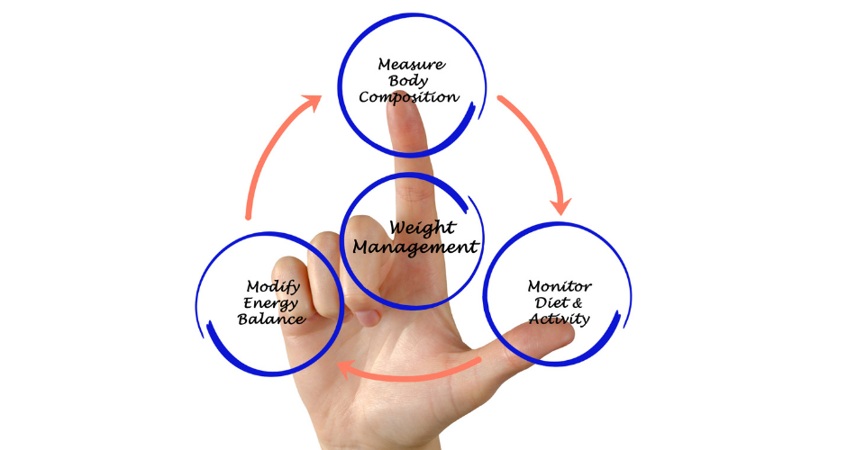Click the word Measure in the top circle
412,65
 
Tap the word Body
408,82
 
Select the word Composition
409,97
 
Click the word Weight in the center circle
423,228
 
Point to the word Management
415,247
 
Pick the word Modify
273,287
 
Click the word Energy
271,303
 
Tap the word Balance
271,319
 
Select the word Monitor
560,286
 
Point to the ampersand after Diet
577,303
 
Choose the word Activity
560,319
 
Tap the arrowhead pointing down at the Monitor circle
561,205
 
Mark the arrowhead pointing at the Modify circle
347,368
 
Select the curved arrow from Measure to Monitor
538,148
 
